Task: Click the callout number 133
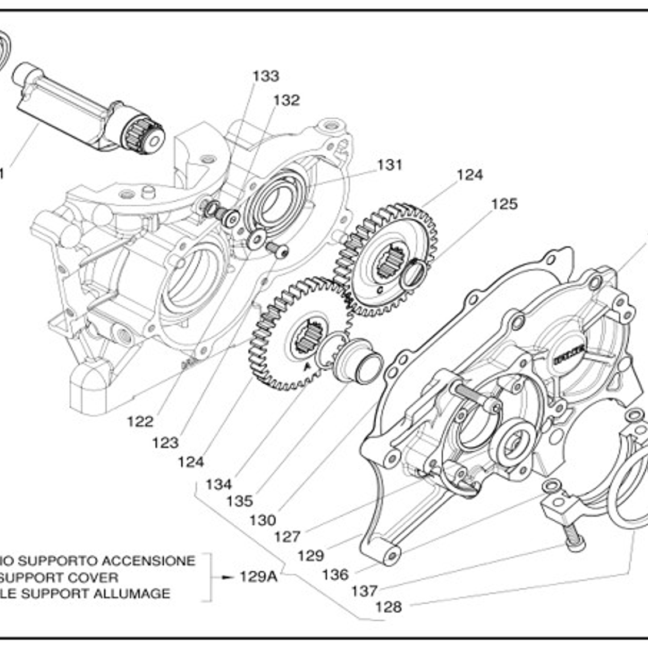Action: pos(266,76)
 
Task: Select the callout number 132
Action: pos(286,100)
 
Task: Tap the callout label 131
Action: pos(389,165)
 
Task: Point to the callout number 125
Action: pos(504,204)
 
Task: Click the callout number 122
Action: pos(140,421)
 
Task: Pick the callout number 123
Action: pos(165,442)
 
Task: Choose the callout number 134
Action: pos(219,485)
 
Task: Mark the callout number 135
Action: pos(239,501)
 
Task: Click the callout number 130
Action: pos(263,520)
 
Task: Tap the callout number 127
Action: pos(287,537)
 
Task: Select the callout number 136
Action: pos(335,575)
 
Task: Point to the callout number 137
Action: pos(364,591)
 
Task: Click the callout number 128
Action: pos(388,607)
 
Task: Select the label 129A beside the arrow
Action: pos(259,577)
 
